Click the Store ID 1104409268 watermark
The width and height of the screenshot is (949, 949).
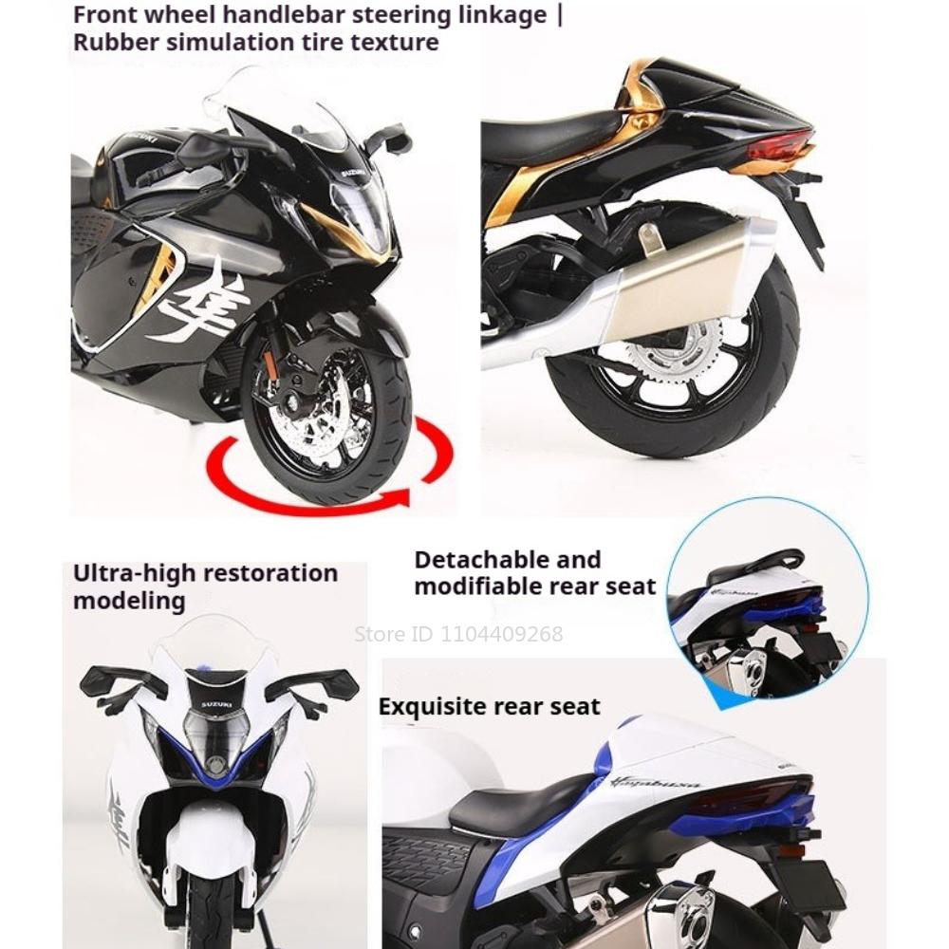(x=458, y=634)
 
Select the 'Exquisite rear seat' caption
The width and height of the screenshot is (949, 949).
(x=489, y=707)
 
